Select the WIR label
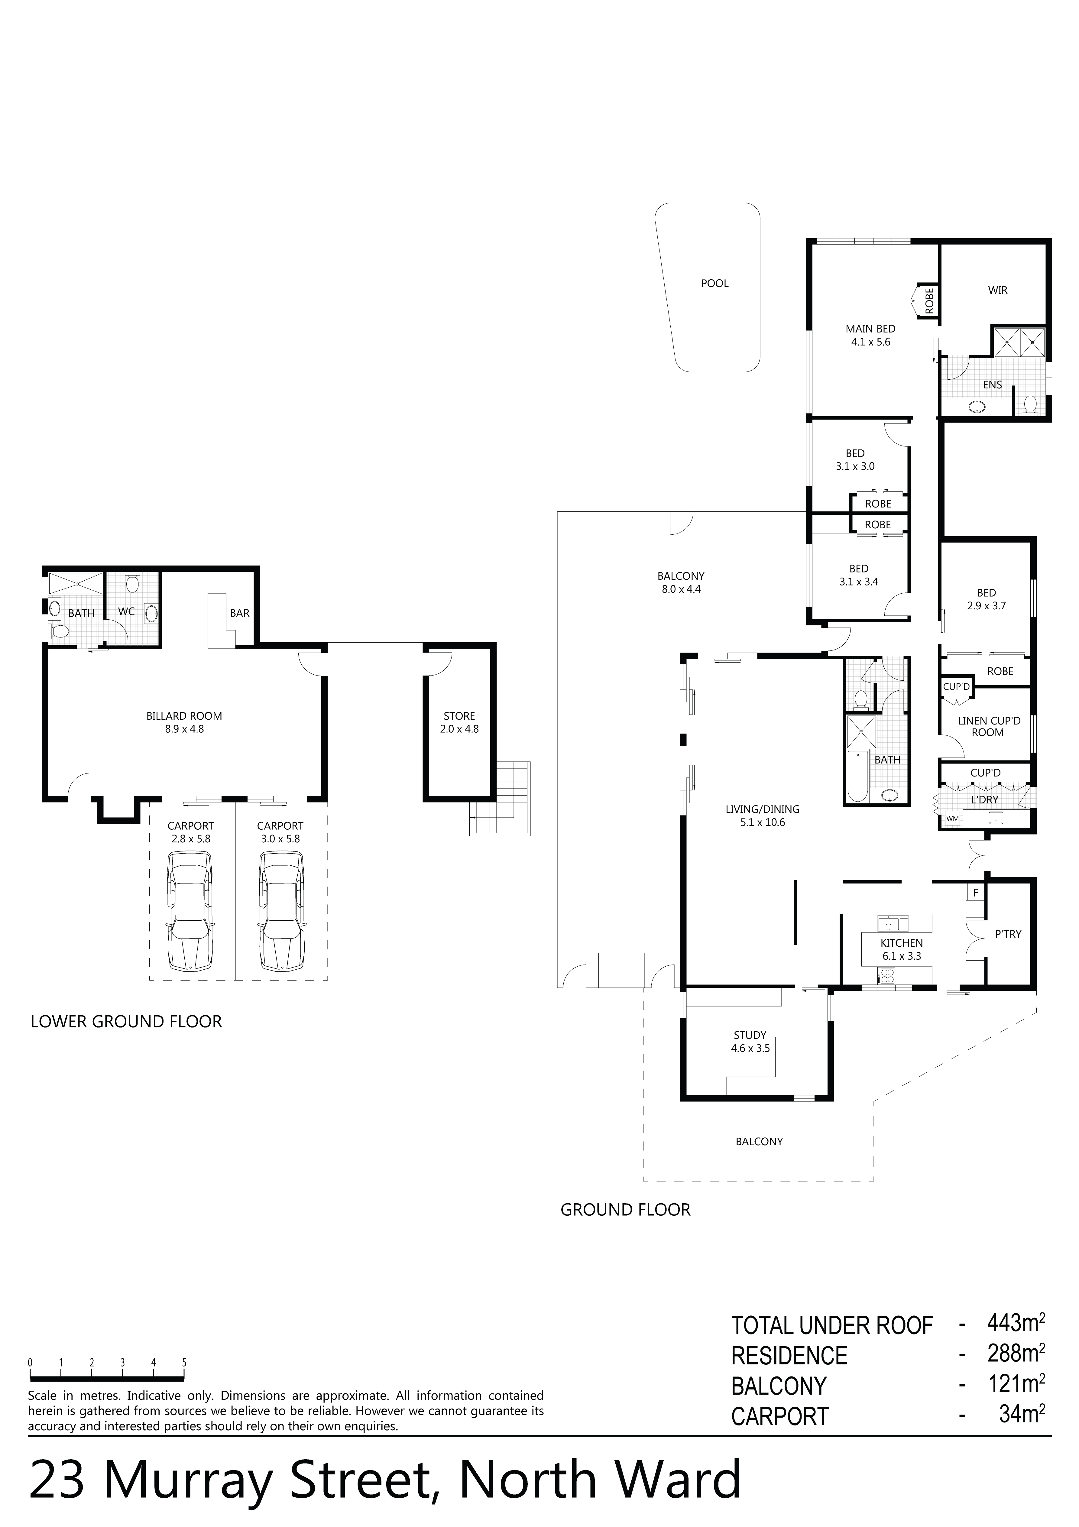tap(998, 290)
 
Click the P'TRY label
tap(1008, 934)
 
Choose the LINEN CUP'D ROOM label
tap(989, 726)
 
